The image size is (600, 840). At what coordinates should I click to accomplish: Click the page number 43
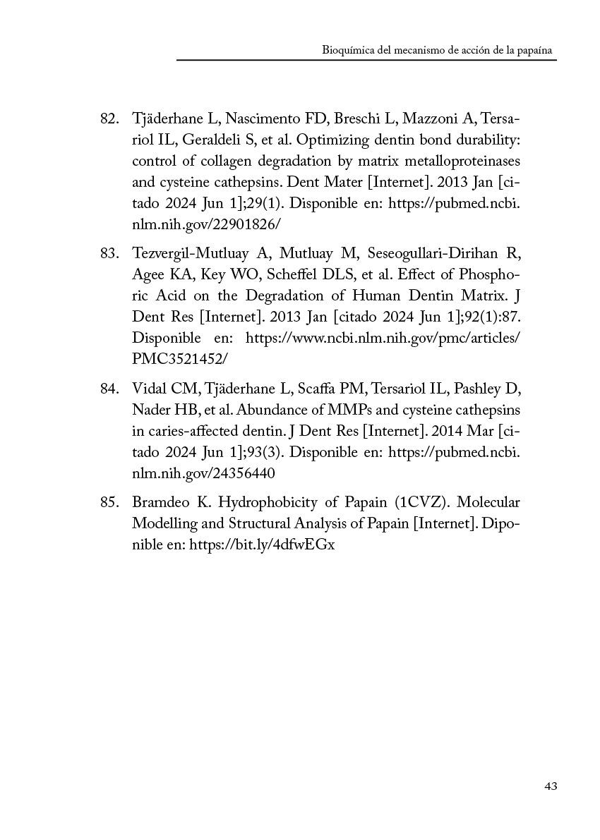[x=551, y=786]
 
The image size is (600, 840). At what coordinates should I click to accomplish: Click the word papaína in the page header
[x=536, y=51]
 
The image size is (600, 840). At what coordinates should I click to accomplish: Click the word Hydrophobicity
[x=263, y=503]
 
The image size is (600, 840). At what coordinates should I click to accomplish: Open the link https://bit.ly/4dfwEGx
[x=262, y=544]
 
